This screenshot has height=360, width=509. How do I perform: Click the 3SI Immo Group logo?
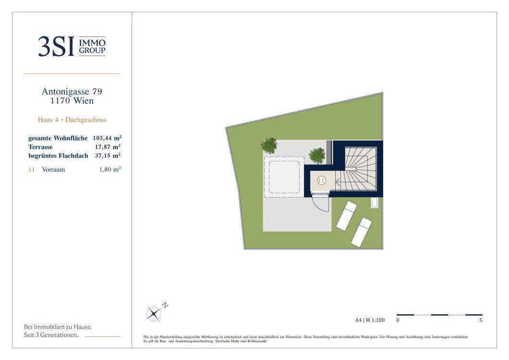coord(72,46)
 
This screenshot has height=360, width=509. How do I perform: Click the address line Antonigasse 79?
coord(72,92)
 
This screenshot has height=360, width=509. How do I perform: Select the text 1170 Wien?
coord(72,101)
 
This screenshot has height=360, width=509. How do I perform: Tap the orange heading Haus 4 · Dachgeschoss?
coord(72,120)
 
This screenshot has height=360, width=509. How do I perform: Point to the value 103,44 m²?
coord(107,138)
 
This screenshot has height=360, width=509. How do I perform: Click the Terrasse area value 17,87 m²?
coord(108,147)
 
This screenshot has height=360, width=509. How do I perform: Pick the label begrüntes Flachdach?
coord(58,156)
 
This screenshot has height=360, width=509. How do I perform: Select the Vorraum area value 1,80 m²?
coord(110,169)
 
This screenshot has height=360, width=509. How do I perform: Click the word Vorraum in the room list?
coord(53,170)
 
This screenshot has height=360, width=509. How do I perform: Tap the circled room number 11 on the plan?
coord(321,180)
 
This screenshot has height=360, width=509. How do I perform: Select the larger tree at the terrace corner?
coord(269,145)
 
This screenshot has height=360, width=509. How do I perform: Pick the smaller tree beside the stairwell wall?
coord(317,156)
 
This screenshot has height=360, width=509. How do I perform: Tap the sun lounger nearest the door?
coord(346,216)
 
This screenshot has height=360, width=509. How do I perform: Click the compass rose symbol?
coord(153,314)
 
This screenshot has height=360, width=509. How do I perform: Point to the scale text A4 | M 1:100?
coord(370,320)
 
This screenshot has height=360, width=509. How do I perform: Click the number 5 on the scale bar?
coord(481,320)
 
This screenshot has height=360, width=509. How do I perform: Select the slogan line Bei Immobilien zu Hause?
coord(58,327)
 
